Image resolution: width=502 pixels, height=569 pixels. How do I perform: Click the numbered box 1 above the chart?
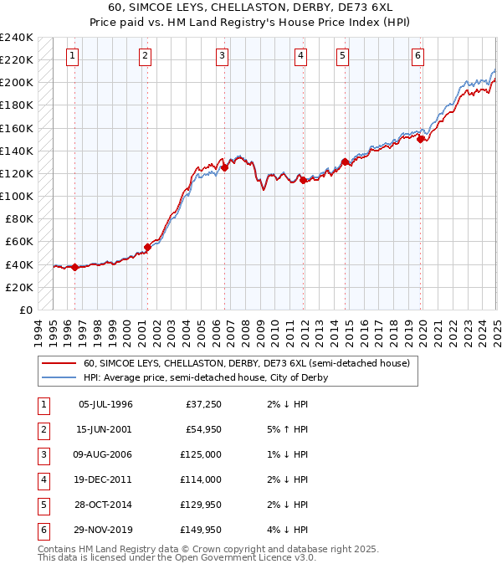coord(73,56)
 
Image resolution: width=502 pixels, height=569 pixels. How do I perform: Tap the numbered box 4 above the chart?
coord(300,56)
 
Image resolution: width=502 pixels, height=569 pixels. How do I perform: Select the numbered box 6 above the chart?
coord(417,56)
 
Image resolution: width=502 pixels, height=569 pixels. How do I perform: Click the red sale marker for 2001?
coord(147,247)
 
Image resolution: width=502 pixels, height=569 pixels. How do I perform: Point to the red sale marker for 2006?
coord(225,167)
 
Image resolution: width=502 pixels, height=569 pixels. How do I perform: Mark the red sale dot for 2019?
coord(421,140)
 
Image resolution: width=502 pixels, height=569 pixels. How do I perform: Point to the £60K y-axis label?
coord(19,242)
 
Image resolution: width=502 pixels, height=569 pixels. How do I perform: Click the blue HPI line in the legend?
coord(59,378)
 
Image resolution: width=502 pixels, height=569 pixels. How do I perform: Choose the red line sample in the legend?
coord(59,364)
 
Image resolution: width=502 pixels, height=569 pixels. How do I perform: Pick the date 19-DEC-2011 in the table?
coord(105,479)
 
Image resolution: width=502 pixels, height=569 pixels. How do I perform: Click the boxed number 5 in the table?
coord(42,505)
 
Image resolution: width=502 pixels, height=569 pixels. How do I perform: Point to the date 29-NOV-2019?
coord(105,530)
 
